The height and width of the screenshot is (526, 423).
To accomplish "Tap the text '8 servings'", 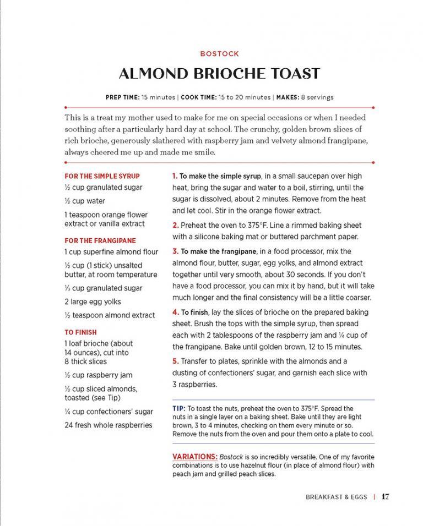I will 317,97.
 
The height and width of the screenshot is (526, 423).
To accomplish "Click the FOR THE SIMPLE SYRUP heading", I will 102,176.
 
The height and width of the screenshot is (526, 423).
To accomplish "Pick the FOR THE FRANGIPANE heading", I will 100,240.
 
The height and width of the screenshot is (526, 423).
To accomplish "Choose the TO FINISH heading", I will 80,332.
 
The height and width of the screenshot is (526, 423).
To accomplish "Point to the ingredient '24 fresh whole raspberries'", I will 108,425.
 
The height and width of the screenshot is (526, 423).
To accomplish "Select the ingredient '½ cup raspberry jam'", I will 98,375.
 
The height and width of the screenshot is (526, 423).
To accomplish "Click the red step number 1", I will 175,176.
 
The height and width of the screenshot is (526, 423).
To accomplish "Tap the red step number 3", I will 175,251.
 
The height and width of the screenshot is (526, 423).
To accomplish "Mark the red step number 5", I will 175,361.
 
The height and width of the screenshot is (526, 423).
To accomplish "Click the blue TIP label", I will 178,409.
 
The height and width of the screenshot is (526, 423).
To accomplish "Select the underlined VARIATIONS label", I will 195,457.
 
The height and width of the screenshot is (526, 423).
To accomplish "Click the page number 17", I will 385,496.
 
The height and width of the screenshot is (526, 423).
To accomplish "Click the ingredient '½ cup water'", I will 84,201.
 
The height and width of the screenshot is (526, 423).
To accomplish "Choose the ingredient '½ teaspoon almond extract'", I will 110,315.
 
